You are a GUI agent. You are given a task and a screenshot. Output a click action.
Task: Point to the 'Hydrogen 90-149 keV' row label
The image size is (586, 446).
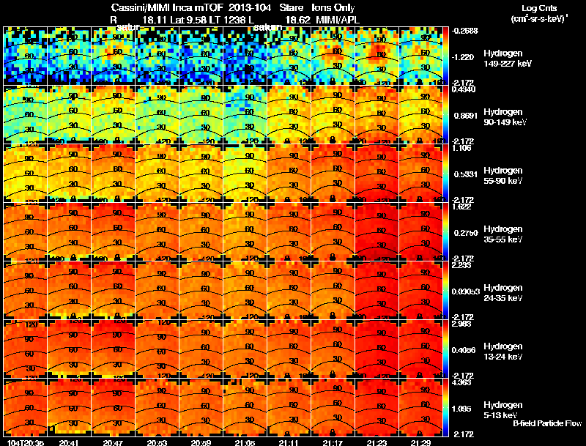502,116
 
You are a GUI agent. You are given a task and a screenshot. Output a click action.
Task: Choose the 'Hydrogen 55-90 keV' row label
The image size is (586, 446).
502,175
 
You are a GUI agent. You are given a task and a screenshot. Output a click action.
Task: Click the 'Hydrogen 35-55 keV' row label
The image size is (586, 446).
502,234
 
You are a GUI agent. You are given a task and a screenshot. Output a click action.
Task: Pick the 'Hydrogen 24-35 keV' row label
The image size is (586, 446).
502,292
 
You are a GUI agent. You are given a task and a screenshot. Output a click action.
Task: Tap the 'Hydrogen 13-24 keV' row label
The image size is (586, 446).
502,351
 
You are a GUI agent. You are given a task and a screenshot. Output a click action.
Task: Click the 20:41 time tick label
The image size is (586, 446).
69,442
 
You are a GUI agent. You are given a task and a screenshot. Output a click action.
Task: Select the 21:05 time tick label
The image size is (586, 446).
245,442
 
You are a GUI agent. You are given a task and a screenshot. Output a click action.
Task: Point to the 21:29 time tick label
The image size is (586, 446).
420,442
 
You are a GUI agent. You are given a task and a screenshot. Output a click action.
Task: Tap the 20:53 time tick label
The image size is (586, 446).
157,442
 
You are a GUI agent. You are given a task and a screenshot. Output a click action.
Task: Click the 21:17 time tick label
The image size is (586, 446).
333,442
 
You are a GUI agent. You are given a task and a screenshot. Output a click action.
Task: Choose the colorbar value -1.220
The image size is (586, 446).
466,56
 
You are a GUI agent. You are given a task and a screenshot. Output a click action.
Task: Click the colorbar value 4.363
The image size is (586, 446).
466,382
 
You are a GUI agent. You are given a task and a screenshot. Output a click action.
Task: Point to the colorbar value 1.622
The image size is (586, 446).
466,207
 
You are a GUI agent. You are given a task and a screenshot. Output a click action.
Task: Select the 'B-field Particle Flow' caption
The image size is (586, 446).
546,423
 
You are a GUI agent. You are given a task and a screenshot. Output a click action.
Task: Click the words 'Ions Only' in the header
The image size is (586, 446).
333,8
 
